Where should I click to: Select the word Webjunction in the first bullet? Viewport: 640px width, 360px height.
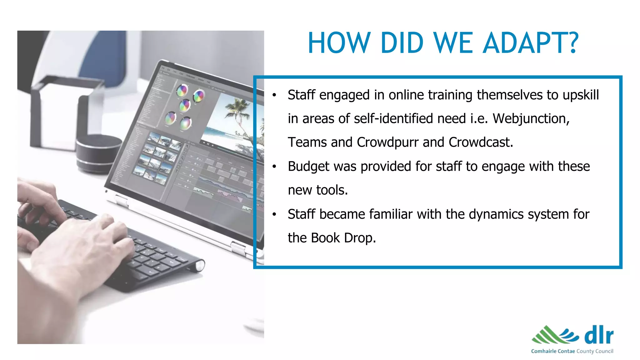tap(531, 119)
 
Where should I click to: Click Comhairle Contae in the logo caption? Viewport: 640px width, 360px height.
tap(553, 351)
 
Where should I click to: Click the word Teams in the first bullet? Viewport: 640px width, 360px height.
tap(307, 142)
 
